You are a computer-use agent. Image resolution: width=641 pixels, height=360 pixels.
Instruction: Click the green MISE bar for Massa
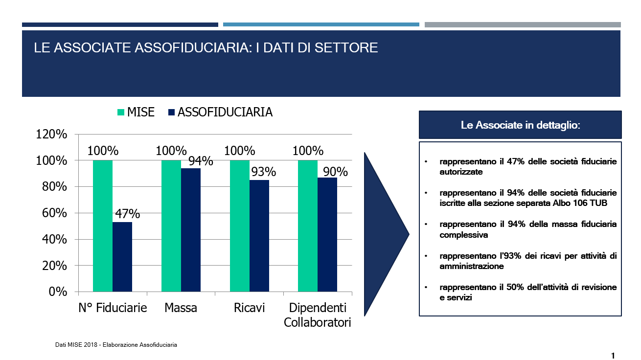(171, 226)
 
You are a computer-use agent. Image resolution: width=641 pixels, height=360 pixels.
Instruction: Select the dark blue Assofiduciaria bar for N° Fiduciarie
(122, 257)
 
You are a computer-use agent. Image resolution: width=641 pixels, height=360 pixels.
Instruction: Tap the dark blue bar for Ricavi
(259, 236)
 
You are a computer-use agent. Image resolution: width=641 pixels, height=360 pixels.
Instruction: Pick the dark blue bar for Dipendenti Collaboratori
(327, 235)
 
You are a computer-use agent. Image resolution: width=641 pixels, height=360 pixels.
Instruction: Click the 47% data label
(128, 214)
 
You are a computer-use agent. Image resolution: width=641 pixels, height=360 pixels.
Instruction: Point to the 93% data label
(264, 172)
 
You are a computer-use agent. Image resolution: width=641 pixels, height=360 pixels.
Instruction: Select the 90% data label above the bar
(335, 172)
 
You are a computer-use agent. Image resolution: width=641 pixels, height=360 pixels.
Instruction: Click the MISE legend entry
(136, 112)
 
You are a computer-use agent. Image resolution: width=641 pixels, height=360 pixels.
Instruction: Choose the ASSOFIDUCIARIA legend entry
(220, 112)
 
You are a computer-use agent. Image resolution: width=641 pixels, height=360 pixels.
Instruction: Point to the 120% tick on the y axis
(51, 134)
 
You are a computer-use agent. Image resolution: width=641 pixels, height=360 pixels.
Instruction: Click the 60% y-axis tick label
(54, 213)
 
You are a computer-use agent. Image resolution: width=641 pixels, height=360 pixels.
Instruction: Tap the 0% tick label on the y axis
(58, 292)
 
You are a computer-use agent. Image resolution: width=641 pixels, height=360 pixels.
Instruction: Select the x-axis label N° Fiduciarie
(113, 308)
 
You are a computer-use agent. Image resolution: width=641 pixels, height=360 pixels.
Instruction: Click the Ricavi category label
(249, 308)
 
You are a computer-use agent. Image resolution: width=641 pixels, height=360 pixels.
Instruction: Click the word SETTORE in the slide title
(346, 47)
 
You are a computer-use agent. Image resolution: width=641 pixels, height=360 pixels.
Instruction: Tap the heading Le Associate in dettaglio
(520, 125)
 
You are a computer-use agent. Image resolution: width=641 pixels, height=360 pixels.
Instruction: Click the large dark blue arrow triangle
(384, 234)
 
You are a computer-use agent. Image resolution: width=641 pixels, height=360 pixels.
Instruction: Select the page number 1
(613, 356)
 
